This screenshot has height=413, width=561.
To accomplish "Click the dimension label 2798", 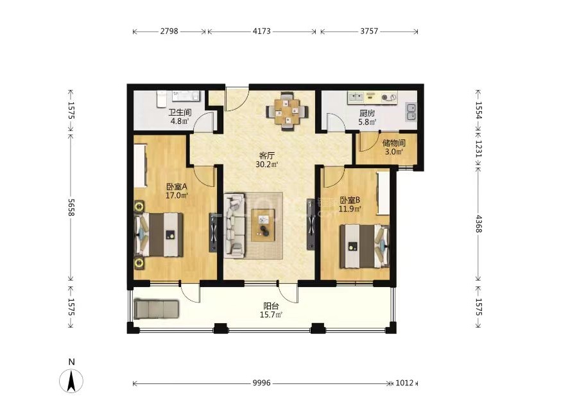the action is [x=169, y=31].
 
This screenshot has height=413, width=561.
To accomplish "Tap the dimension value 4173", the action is [x=261, y=31].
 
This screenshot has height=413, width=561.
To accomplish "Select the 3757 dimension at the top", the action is [x=369, y=31].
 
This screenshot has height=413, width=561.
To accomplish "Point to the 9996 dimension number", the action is [x=261, y=383].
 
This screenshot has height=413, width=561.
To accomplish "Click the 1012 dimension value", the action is [x=404, y=383].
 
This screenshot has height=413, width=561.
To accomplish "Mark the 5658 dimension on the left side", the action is [x=71, y=207].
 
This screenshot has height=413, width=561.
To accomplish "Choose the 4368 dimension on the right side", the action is [x=478, y=224].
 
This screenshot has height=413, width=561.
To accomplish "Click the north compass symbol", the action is [x=71, y=380].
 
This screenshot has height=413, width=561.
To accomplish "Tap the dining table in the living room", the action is [x=287, y=111].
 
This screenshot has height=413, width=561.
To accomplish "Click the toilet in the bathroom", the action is [x=161, y=99].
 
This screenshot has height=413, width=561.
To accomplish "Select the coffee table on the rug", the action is [x=263, y=225].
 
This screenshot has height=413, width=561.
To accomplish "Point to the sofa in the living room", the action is [x=235, y=225].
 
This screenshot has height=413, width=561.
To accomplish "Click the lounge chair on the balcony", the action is [x=156, y=309].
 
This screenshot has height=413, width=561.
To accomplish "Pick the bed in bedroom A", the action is [x=159, y=235].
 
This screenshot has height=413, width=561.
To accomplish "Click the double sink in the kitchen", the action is [x=411, y=111].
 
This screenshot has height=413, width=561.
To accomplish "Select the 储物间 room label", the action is [x=393, y=143].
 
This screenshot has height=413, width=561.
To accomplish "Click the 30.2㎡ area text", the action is [x=266, y=164].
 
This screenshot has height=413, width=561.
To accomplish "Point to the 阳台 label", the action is [x=271, y=306].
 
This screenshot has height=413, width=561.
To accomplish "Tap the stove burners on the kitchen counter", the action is [x=389, y=97].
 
